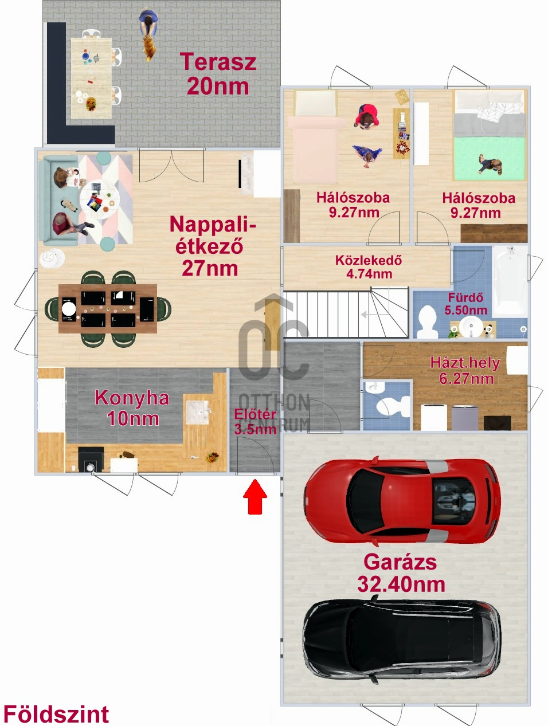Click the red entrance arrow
(x=255, y=496)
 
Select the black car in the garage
(x=401, y=639)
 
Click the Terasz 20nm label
(x=218, y=74)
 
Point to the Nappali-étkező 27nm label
(x=212, y=246)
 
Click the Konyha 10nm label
(x=132, y=407)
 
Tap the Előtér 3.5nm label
(x=255, y=421)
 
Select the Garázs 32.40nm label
(x=401, y=573)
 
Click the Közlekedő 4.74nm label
(x=369, y=267)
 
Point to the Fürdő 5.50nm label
(x=465, y=304)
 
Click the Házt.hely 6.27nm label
(x=465, y=370)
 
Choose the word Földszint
(x=56, y=714)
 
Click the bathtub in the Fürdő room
(x=510, y=281)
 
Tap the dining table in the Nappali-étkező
(x=108, y=308)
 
